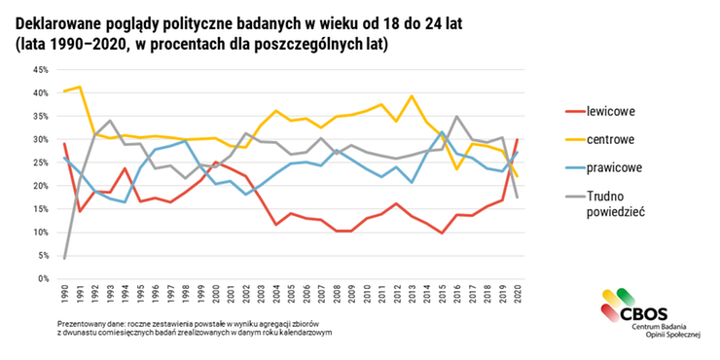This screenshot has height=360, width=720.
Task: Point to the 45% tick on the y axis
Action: (41, 70)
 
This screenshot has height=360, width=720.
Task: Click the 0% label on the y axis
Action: (44, 278)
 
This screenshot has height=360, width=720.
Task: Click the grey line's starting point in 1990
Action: (64, 258)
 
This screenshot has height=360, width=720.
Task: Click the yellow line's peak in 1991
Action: (80, 88)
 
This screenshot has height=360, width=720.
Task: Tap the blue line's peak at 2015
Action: (443, 132)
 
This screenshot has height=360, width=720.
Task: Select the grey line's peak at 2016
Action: (457, 117)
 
